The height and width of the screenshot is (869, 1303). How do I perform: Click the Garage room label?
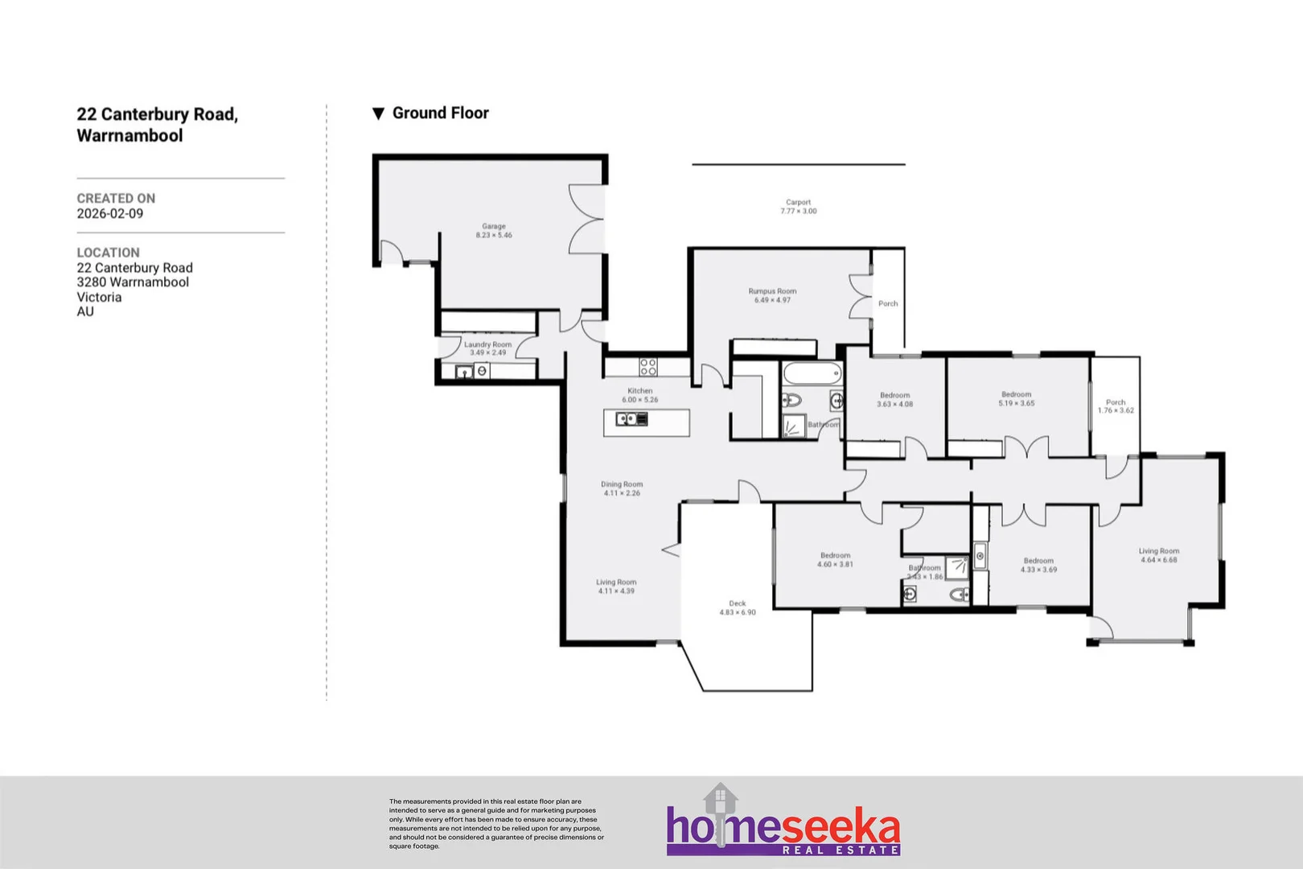pyautogui.click(x=494, y=227)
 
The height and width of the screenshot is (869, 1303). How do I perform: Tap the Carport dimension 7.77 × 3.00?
pyautogui.click(x=798, y=212)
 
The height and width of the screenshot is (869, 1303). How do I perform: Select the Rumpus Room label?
pyautogui.click(x=772, y=291)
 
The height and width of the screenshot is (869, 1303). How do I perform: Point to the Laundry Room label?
pyautogui.click(x=487, y=344)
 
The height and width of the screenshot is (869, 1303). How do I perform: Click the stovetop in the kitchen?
pyautogui.click(x=648, y=368)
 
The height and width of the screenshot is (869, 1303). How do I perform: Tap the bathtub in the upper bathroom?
pyautogui.click(x=812, y=374)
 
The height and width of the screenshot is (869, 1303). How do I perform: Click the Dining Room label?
pyautogui.click(x=622, y=484)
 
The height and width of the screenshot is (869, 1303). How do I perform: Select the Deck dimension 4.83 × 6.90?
pyautogui.click(x=738, y=613)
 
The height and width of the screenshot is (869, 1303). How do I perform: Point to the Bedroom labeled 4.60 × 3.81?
pyautogui.click(x=835, y=556)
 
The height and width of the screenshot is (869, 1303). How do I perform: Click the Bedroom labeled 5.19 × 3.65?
pyautogui.click(x=1016, y=395)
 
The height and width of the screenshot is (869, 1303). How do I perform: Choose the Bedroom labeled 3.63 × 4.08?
pyautogui.click(x=894, y=396)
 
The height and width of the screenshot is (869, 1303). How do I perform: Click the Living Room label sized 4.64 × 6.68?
pyautogui.click(x=1158, y=551)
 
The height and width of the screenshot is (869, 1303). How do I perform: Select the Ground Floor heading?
pyautogui.click(x=440, y=113)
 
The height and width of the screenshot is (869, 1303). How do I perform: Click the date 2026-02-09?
pyautogui.click(x=110, y=214)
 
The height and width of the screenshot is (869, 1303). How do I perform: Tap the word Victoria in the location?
pyautogui.click(x=100, y=298)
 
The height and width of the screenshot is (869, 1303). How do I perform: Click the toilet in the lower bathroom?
pyautogui.click(x=959, y=595)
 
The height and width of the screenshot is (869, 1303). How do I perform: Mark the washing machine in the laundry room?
pyautogui.click(x=482, y=371)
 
